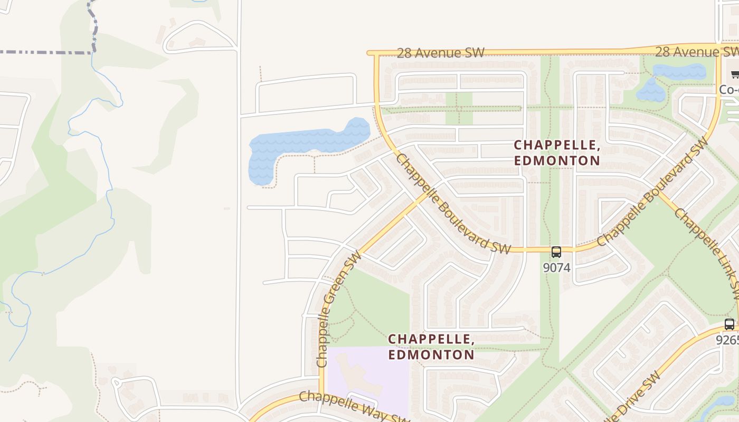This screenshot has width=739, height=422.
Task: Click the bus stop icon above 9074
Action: [556, 252]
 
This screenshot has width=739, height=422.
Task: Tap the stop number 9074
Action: [556, 267]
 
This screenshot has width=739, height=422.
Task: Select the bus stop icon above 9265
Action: [729, 324]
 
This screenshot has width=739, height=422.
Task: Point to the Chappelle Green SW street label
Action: [338, 309]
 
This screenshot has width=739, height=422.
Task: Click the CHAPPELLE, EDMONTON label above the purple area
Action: [431, 347]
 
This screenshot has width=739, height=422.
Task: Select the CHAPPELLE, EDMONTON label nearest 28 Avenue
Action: [557, 152]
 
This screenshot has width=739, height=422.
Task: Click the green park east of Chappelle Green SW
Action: [369, 306]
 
